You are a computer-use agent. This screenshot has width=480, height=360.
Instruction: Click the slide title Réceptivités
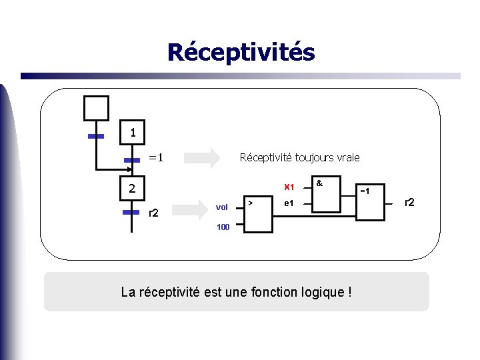pyautogui.click(x=241, y=52)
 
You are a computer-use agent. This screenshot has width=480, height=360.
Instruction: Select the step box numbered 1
pyautogui.click(x=133, y=132)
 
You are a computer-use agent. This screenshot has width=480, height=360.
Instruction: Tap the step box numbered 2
pyautogui.click(x=133, y=189)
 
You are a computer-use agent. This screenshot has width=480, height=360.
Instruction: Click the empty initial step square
pyautogui.click(x=95, y=108)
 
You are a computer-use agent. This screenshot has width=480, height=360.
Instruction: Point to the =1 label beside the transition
pyautogui.click(x=156, y=158)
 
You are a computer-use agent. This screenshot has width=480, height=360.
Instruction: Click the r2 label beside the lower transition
pyautogui.click(x=153, y=213)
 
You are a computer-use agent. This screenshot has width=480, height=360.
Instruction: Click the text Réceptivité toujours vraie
pyautogui.click(x=299, y=158)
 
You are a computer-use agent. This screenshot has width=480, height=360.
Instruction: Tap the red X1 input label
pyautogui.click(x=289, y=187)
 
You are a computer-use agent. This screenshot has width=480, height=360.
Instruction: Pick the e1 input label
pyautogui.click(x=289, y=203)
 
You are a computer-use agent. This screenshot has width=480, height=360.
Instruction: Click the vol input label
pyautogui.click(x=222, y=207)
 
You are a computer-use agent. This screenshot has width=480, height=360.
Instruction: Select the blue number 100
pyautogui.click(x=223, y=227)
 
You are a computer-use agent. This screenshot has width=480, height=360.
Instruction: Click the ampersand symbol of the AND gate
pyautogui.click(x=319, y=182)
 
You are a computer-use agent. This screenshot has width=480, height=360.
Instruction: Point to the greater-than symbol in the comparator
pyautogui.click(x=250, y=201)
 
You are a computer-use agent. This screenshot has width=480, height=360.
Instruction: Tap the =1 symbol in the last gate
pyautogui.click(x=366, y=191)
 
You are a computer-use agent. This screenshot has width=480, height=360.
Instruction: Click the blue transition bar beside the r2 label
pyautogui.click(x=131, y=212)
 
